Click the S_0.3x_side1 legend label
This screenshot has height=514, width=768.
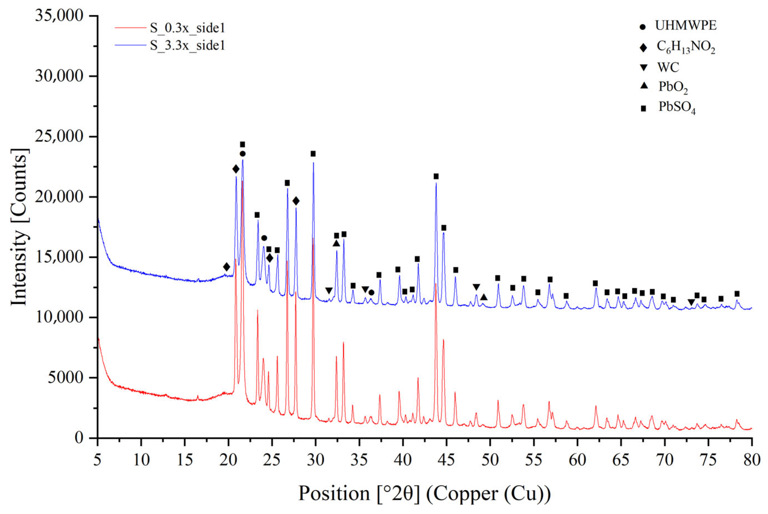pyautogui.click(x=187, y=28)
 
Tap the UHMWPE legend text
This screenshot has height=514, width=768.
pyautogui.click(x=686, y=25)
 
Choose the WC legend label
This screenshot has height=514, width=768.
pyautogui.click(x=668, y=67)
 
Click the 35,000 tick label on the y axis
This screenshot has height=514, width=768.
pyautogui.click(x=59, y=16)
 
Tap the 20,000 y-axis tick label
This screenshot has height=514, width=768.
pyautogui.click(x=59, y=197)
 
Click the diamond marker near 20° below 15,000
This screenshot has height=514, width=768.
pyautogui.click(x=226, y=267)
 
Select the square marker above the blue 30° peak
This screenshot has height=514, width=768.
pyautogui.click(x=313, y=154)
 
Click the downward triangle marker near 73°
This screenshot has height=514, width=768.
pyautogui.click(x=691, y=302)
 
